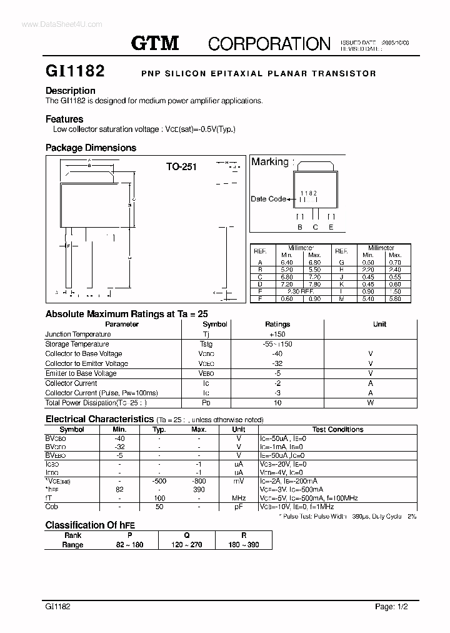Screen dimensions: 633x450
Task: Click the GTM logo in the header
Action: (154, 43)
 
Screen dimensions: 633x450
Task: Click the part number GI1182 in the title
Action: (74, 71)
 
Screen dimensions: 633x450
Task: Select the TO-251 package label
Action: (181, 167)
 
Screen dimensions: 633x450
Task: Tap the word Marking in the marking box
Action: (270, 162)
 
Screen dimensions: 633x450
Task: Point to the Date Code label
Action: (268, 199)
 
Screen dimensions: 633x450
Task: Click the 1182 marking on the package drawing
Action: (307, 194)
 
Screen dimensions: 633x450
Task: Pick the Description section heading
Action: (71, 91)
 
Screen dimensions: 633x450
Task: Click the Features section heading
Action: (64, 119)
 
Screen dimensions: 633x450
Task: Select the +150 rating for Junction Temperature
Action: (277, 334)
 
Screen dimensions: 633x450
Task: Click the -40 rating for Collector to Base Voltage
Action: (277, 353)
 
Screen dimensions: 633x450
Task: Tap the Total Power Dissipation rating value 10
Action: (277, 403)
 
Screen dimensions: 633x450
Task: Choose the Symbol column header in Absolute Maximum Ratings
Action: (215, 324)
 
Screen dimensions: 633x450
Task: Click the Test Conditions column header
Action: (337, 430)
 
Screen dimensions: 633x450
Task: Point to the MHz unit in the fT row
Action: (239, 498)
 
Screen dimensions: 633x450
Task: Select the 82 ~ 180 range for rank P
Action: (130, 545)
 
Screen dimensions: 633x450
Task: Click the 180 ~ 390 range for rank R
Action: (244, 545)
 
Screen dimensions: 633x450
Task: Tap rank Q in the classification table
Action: (187, 535)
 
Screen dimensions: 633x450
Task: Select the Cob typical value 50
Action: (159, 507)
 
